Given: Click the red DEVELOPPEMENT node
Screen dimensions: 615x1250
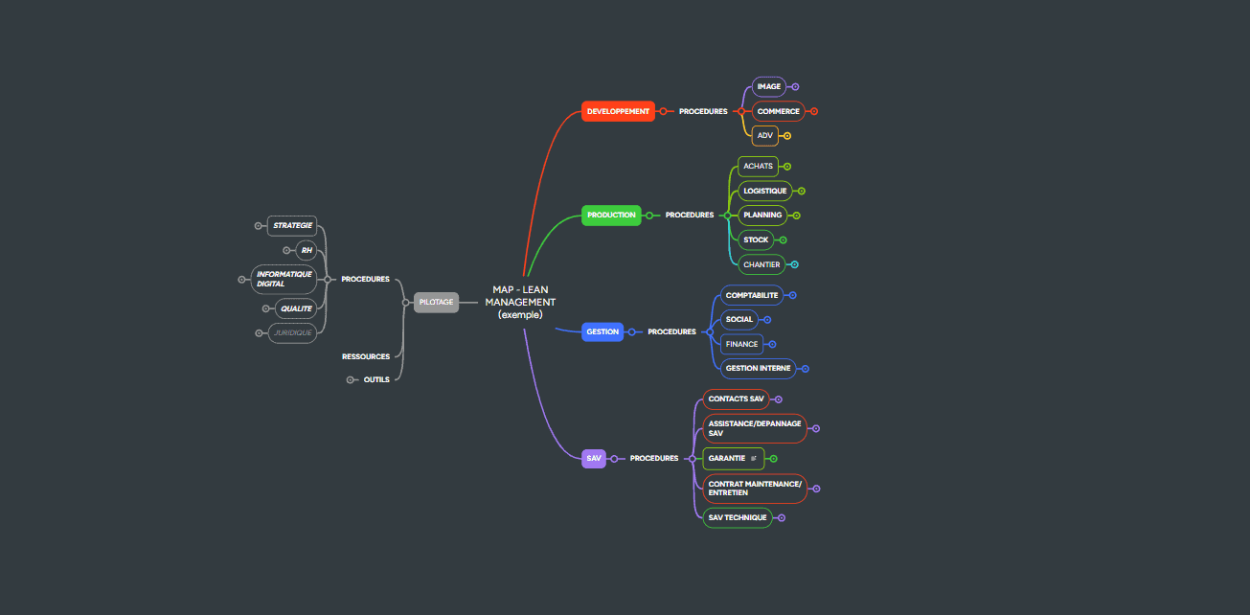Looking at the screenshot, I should coord(618,111).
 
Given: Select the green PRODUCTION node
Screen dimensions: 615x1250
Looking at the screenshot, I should coord(611,216).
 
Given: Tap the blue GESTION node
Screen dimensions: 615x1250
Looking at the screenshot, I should coord(602,331).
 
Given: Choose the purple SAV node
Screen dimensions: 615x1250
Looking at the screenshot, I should coord(594,459).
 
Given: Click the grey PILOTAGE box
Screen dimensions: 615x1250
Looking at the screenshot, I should coord(436,303).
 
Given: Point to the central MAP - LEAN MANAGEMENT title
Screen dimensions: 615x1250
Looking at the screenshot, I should coord(520,302).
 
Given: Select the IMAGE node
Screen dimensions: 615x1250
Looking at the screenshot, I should coord(768,87).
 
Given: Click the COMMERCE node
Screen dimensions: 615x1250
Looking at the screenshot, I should coord(778,111).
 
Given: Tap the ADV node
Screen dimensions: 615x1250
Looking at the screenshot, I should coord(764,136).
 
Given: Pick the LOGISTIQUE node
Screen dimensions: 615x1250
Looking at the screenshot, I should coord(764,191).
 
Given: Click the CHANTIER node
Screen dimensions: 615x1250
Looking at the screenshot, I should coord(761,264).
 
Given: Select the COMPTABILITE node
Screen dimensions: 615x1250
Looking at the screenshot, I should coord(752,295).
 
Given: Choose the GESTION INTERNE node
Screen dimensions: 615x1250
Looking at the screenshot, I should coord(758,368).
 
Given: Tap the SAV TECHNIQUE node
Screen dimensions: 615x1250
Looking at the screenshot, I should coord(737,517).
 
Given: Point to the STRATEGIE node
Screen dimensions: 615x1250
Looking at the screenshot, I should coord(292,226).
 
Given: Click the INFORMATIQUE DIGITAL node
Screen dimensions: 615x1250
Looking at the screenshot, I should coord(284,279).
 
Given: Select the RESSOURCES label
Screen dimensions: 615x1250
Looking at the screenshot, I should coord(366,356).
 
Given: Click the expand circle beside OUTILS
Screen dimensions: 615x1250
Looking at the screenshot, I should coord(352,379).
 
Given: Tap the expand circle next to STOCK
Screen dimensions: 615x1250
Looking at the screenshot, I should coord(783,240).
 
